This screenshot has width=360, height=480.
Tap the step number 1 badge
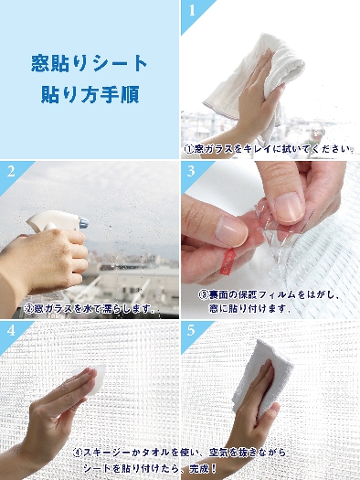point(192,11)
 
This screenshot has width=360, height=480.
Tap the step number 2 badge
point(11,171)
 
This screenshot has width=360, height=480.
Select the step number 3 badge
point(192,171)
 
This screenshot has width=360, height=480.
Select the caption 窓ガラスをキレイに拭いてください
point(268,148)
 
